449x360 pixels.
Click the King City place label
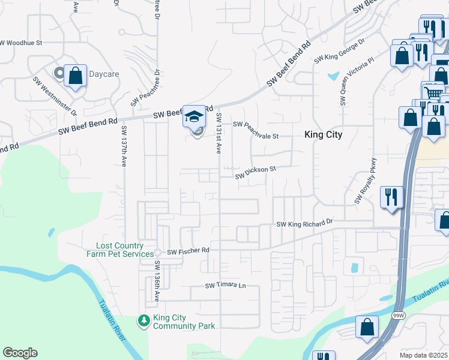pyautogui.click(x=323, y=135)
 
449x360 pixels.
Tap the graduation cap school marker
pyautogui.click(x=194, y=115)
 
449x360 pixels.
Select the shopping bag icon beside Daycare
pyautogui.click(x=75, y=76)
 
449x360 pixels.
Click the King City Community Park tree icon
pyautogui.click(x=144, y=322)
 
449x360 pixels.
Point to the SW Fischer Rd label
pyautogui.click(x=188, y=251)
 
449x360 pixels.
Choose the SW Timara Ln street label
pyautogui.click(x=226, y=286)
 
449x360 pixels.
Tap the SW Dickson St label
pyautogui.click(x=255, y=173)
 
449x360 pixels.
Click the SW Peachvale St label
pyautogui.click(x=256, y=130)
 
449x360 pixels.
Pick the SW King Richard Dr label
pyautogui.click(x=304, y=224)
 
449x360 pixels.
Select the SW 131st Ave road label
pyautogui.click(x=219, y=133)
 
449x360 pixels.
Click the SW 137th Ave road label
pyautogui.click(x=124, y=146)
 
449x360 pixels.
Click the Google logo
pyautogui.click(x=20, y=353)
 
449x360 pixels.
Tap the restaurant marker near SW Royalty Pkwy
pyautogui.click(x=391, y=197)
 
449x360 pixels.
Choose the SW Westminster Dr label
pyautogui.click(x=55, y=96)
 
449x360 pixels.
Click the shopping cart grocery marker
pyautogui.click(x=433, y=93)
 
